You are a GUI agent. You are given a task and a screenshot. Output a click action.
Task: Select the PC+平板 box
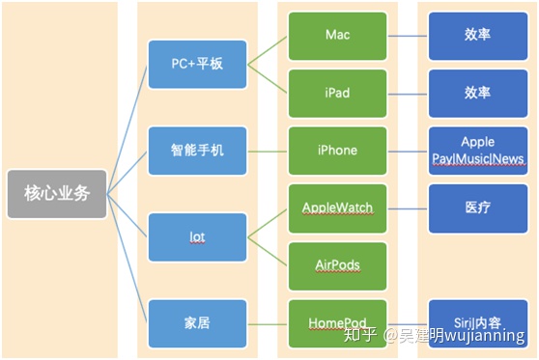tap(198, 64)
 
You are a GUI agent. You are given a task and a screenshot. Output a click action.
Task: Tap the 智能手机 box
tap(198, 150)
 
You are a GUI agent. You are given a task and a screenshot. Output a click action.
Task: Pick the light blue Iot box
tap(198, 236)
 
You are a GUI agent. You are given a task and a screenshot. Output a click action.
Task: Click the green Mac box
tap(337, 35)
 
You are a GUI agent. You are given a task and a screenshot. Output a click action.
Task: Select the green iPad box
tap(337, 93)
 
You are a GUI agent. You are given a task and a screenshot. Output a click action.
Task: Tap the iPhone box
tap(337, 150)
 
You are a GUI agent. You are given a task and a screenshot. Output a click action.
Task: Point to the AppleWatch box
tap(337, 208)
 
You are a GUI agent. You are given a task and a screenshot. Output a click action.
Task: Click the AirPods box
tap(337, 265)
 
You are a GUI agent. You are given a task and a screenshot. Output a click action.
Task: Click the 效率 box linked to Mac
tap(477, 35)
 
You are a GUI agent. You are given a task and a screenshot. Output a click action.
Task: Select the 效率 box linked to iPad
tap(477, 93)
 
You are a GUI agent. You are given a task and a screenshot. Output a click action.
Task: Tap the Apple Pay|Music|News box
tap(477, 150)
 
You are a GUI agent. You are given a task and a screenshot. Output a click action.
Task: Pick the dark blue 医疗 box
tap(477, 208)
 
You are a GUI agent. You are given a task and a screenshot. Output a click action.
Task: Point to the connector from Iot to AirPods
tap(268, 251)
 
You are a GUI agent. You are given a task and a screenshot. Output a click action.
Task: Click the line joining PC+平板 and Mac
tap(268, 49)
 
